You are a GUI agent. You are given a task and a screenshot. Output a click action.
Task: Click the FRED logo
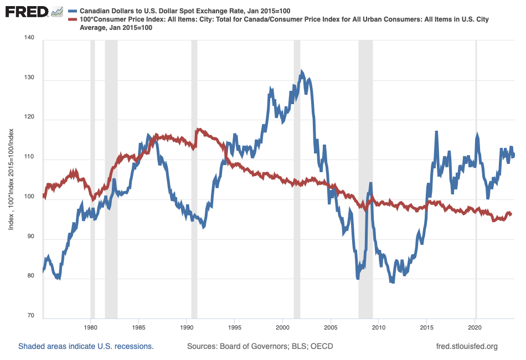click(x=27, y=12)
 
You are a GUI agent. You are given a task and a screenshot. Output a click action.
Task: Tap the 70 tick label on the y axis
click(x=31, y=316)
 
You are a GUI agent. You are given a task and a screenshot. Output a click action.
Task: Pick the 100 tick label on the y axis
click(x=29, y=197)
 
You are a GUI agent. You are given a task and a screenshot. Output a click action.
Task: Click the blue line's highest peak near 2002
click(x=302, y=71)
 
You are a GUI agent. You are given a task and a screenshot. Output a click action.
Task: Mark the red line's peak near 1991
click(x=198, y=130)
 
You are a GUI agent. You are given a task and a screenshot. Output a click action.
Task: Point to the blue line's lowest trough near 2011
click(x=393, y=282)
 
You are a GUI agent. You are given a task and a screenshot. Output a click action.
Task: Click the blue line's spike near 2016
click(x=436, y=132)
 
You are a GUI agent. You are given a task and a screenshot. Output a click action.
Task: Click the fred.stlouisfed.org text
click(x=467, y=347)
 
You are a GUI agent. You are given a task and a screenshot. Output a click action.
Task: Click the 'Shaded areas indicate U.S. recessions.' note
click(x=86, y=347)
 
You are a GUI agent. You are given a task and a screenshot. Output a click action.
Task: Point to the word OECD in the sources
click(x=321, y=347)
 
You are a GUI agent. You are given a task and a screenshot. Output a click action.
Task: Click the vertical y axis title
click(x=11, y=178)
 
